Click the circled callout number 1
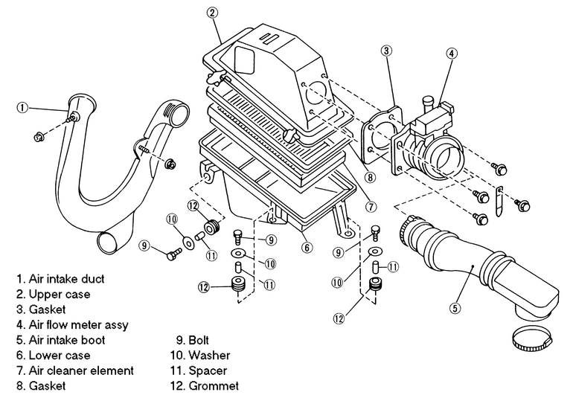pos(22,107)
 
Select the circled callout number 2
pos(212,13)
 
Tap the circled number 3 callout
pos(387,51)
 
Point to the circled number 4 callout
pos(452,54)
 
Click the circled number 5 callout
pos(455,308)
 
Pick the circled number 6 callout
pos(307,248)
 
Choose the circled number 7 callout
pos(371,207)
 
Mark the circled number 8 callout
pos(370,178)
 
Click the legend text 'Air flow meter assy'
pos(79,325)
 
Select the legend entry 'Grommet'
pos(214,386)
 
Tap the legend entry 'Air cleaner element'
pos(81,370)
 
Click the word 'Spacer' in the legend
pos(208,371)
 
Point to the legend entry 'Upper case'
pos(60,294)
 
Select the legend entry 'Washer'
pos(209,356)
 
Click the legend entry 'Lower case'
pos(60,356)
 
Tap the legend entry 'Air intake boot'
pos(67,340)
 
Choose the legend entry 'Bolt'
pos(199,340)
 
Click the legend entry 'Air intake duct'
pos(66,279)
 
